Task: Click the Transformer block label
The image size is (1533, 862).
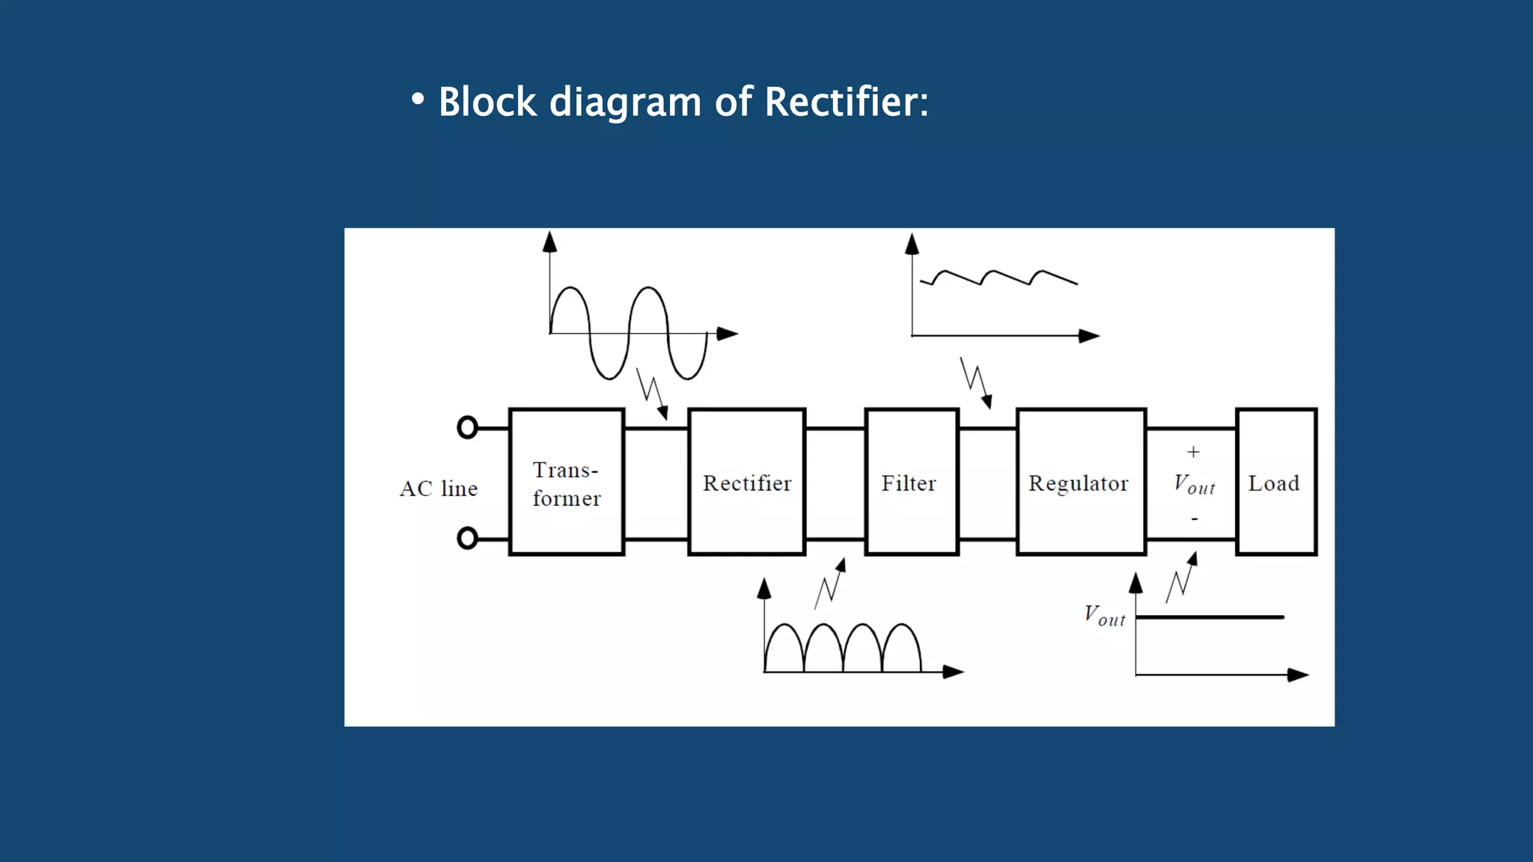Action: (x=566, y=483)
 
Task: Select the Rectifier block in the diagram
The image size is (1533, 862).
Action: (x=746, y=483)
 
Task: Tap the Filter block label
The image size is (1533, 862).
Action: (x=909, y=483)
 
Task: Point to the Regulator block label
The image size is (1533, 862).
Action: (x=1078, y=483)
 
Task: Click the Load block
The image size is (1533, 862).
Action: (x=1275, y=483)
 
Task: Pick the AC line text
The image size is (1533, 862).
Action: (x=439, y=489)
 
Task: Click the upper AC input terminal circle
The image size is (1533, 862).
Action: (x=467, y=427)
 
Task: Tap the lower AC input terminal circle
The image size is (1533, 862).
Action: (x=467, y=538)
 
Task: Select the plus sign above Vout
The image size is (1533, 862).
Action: (x=1193, y=452)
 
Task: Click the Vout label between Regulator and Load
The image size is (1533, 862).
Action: (x=1194, y=485)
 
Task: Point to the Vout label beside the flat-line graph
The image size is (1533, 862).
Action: (x=1105, y=616)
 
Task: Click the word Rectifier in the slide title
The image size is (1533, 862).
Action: (x=846, y=102)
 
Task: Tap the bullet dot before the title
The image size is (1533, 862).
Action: (x=418, y=100)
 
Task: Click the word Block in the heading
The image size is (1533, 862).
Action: (x=487, y=102)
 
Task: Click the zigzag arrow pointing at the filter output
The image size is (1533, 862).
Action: (x=976, y=382)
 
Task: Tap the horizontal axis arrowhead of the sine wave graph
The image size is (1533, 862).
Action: (x=727, y=334)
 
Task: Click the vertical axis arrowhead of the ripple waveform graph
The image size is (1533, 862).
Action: (x=912, y=244)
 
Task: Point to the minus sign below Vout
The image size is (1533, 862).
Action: (x=1195, y=519)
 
